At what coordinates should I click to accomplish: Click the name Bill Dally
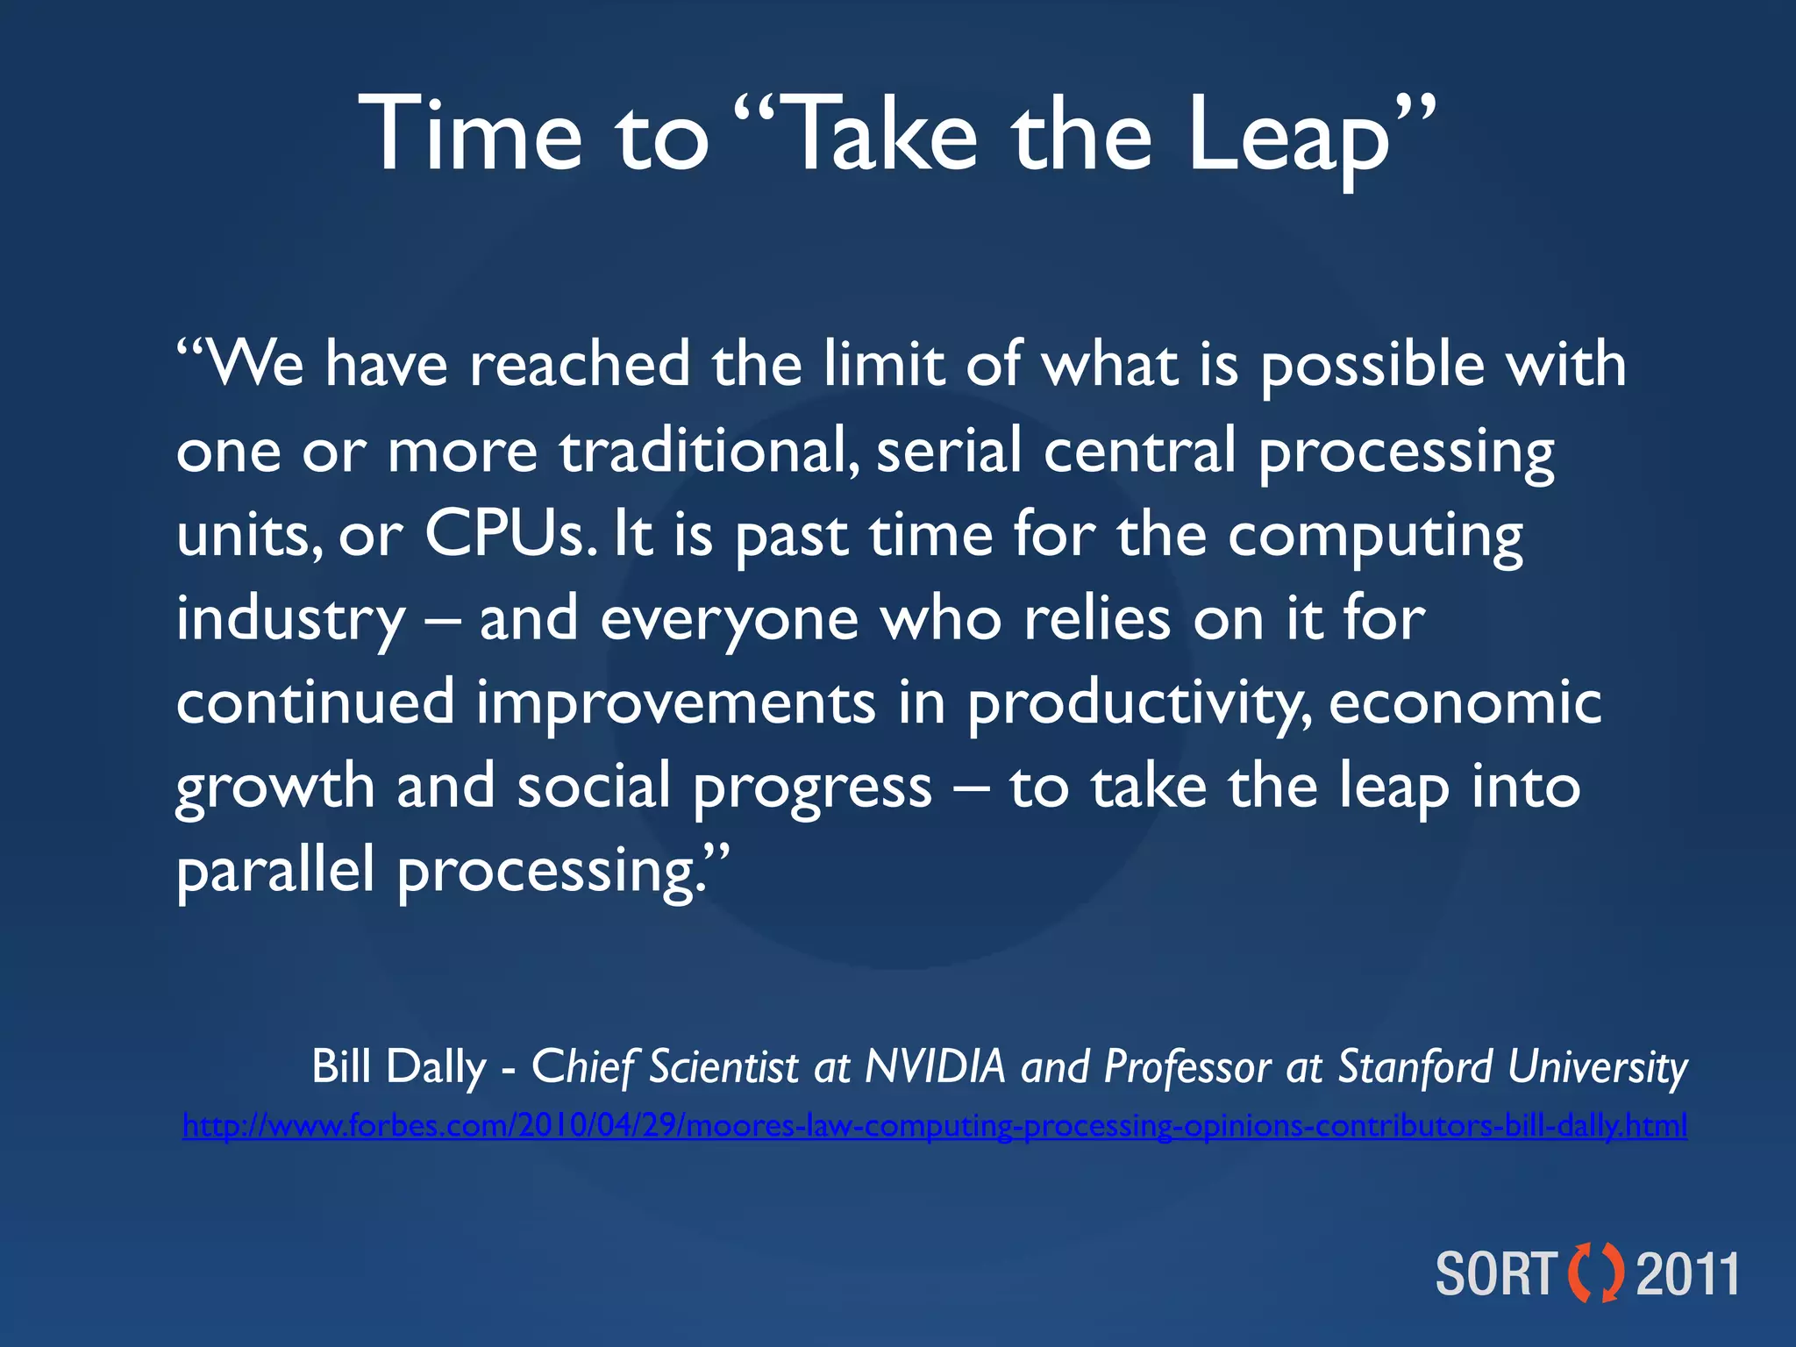pyautogui.click(x=399, y=1067)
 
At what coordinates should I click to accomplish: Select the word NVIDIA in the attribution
pyautogui.click(x=935, y=1067)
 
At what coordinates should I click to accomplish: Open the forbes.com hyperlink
pyautogui.click(x=934, y=1125)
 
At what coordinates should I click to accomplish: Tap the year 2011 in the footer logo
pyautogui.click(x=1687, y=1274)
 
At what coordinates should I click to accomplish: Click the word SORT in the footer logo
pyautogui.click(x=1496, y=1274)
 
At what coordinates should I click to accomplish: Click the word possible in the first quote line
pyautogui.click(x=1372, y=365)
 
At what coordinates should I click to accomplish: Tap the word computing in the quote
pyautogui.click(x=1374, y=535)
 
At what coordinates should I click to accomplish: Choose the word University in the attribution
pyautogui.click(x=1598, y=1067)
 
